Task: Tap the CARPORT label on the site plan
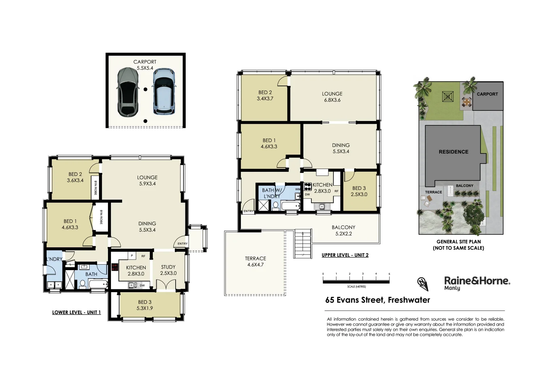coord(487,94)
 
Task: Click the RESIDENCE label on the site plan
coord(453,152)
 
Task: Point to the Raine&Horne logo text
coord(477,281)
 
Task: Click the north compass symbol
coord(423,283)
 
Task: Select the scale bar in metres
coord(356,280)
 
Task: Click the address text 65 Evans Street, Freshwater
coord(378,300)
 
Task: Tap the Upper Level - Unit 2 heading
coord(345,255)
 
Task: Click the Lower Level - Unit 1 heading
coord(76,312)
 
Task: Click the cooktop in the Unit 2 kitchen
coord(308,187)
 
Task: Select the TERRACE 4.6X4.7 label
coord(255,261)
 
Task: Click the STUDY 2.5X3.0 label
coord(168,270)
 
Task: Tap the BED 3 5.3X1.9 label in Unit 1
coord(145,305)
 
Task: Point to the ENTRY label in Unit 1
coord(182,244)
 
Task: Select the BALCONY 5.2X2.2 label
coord(343,230)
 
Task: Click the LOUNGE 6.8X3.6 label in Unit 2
coord(332,97)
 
